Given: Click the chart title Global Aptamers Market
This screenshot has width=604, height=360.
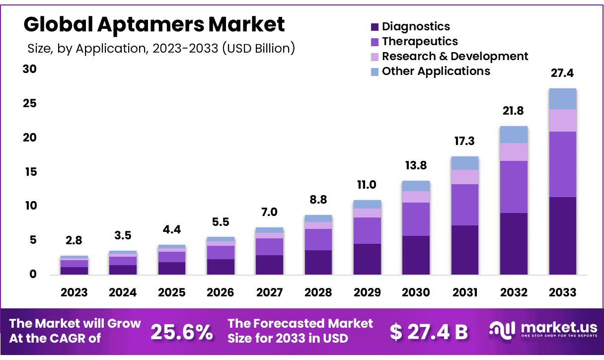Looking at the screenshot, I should (154, 24).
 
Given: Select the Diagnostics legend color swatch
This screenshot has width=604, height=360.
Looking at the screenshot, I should (375, 27).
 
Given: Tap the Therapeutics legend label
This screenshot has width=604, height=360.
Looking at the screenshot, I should (420, 41).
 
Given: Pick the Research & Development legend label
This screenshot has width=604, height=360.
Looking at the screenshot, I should (455, 56).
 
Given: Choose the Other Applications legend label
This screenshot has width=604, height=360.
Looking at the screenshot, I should (436, 71).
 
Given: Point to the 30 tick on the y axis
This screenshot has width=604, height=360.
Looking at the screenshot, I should (30, 69).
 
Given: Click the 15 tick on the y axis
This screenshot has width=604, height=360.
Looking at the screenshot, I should (30, 172).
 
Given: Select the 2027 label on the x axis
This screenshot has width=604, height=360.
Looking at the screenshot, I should (269, 292).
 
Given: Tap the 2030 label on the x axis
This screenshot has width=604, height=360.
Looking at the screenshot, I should (416, 292).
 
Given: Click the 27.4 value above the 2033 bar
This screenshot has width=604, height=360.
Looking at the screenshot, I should (562, 73).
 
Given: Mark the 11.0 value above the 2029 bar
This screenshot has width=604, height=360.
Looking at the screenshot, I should (367, 185).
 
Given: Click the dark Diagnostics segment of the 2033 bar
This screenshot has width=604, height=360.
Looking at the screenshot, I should (562, 236).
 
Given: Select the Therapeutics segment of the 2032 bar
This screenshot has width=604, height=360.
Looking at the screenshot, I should (514, 187).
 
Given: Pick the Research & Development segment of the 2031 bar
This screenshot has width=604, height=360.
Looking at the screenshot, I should (464, 177).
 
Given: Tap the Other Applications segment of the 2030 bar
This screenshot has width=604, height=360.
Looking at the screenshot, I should (416, 186).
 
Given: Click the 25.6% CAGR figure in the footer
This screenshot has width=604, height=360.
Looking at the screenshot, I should (182, 332).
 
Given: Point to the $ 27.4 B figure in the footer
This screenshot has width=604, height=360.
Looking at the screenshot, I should (429, 332).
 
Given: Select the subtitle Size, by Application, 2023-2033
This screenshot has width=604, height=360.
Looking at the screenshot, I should (161, 48).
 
